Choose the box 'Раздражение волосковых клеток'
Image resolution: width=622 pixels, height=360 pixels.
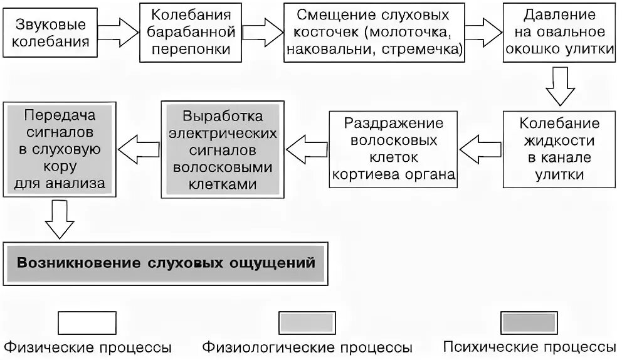[x=393, y=149]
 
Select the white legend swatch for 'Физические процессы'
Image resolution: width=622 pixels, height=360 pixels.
[x=87, y=323]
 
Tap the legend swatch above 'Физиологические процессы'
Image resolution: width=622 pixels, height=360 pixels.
[x=307, y=323]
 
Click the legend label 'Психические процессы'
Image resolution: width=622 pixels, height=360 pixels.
[x=529, y=347]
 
